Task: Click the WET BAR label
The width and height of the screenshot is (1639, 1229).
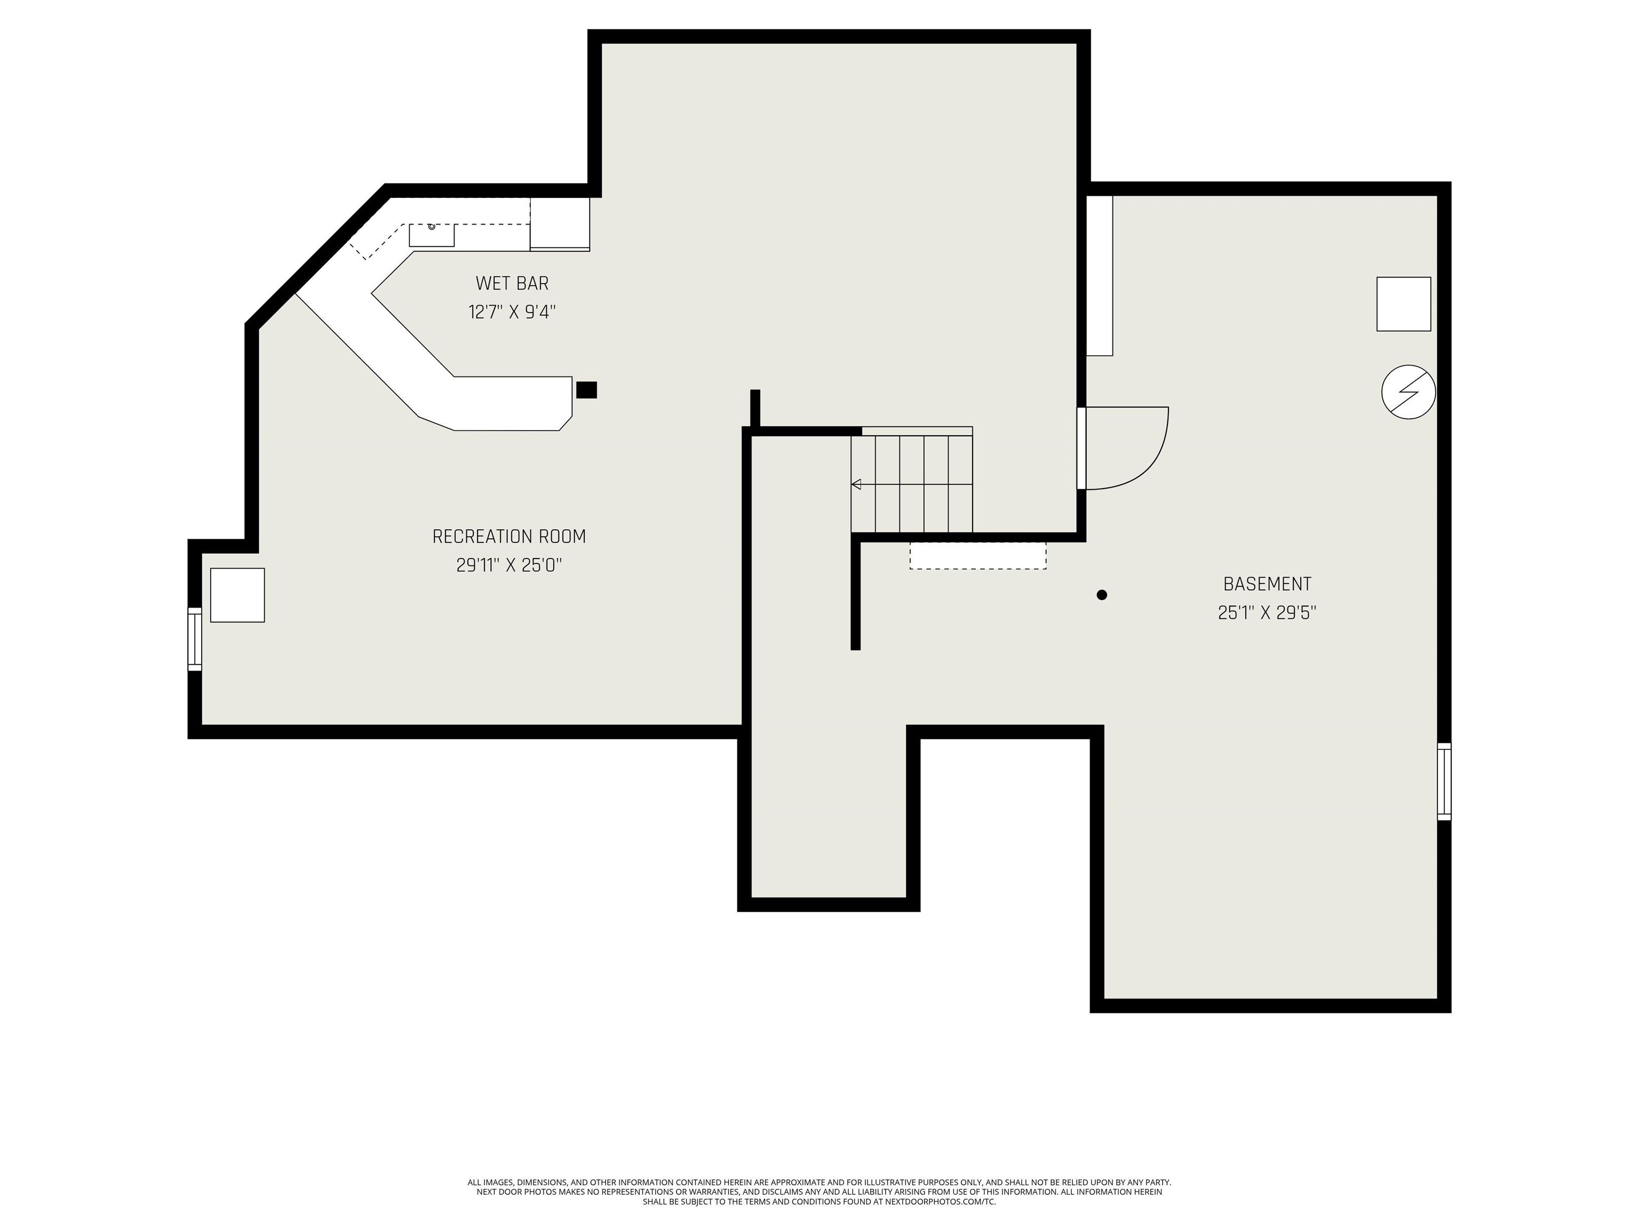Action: (x=512, y=283)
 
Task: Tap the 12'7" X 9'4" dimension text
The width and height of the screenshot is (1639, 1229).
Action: (x=512, y=312)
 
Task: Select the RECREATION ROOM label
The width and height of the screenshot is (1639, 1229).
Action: (x=509, y=536)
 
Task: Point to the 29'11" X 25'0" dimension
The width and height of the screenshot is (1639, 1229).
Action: (x=509, y=565)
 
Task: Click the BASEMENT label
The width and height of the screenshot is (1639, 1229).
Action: (x=1267, y=584)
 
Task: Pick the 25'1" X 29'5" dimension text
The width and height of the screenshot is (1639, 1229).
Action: (x=1267, y=613)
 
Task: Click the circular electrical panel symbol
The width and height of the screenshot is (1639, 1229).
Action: (x=1409, y=392)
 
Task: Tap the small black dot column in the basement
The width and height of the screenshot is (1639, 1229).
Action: (x=1102, y=595)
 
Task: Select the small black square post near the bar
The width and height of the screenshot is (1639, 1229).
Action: (x=586, y=390)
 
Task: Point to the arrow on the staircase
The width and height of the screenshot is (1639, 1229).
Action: (x=856, y=484)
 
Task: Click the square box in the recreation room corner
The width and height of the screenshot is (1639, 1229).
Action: (x=237, y=595)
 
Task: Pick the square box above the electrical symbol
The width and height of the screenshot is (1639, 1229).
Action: (x=1403, y=304)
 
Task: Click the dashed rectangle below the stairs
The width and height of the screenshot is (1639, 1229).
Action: (x=978, y=556)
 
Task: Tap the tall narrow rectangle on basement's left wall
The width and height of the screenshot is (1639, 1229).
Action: (x=1100, y=276)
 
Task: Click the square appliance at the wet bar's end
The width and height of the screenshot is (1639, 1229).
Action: (x=560, y=224)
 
